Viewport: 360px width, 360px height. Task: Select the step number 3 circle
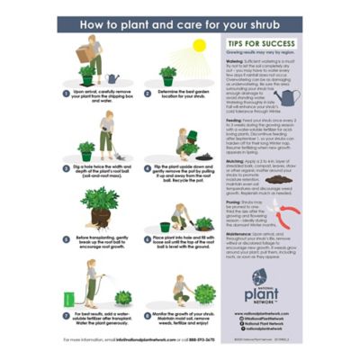pos(64,166)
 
